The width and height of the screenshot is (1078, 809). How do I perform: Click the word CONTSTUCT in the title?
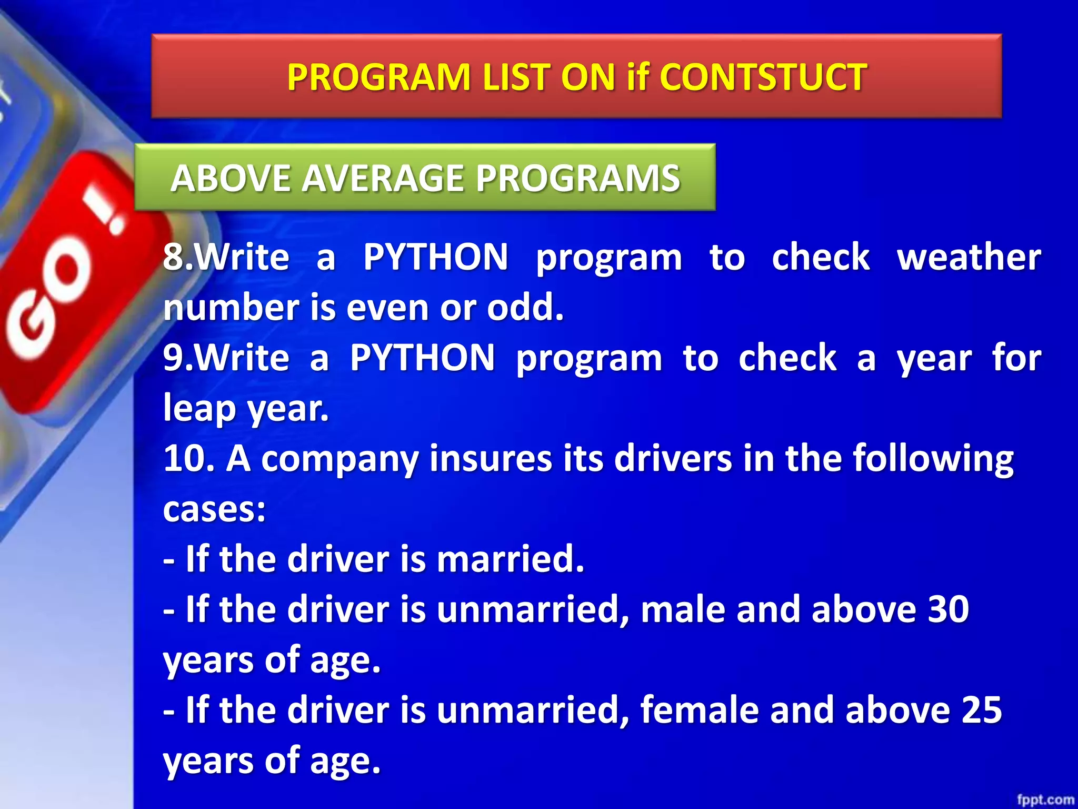pos(763,77)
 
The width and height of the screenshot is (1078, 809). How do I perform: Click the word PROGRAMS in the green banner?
pos(577,178)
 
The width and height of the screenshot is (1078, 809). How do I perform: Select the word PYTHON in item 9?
pos(422,358)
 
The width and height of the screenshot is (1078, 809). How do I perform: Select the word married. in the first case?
pos(510,559)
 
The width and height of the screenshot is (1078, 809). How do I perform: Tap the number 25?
pos(981,710)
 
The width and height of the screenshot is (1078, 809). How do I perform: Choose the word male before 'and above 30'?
pos(682,609)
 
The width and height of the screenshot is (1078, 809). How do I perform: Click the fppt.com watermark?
pos(1045,800)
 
